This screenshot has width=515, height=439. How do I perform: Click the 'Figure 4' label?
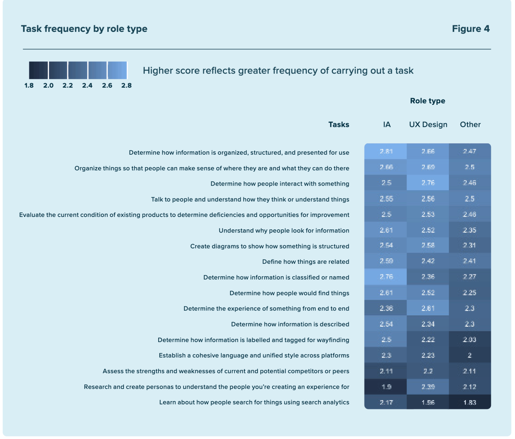(x=470, y=29)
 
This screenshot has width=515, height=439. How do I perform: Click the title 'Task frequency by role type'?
(x=84, y=29)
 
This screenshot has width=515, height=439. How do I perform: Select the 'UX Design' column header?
(x=428, y=125)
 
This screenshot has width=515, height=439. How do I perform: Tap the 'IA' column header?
(x=387, y=125)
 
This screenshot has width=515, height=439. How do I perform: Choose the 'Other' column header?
(x=470, y=125)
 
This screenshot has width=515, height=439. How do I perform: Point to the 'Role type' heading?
(x=427, y=101)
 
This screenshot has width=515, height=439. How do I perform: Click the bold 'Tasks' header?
(x=339, y=125)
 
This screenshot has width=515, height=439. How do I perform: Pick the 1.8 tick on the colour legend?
(x=29, y=85)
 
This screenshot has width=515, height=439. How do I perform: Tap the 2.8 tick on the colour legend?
(x=126, y=85)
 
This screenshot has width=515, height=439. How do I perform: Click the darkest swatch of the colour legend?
(x=38, y=70)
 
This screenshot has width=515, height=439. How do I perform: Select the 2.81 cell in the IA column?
(x=386, y=151)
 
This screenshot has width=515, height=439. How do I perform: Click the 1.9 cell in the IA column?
(x=386, y=387)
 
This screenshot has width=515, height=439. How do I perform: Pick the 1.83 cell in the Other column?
(x=470, y=403)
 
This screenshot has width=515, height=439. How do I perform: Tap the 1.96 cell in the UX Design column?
(x=428, y=403)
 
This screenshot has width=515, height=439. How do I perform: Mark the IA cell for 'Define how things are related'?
(x=386, y=261)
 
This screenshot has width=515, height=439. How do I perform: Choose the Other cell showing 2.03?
(x=470, y=340)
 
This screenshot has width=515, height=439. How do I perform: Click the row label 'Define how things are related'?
(x=306, y=262)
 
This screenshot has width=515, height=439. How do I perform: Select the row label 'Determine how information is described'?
(x=290, y=324)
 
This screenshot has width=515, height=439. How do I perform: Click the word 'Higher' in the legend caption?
(x=157, y=71)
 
